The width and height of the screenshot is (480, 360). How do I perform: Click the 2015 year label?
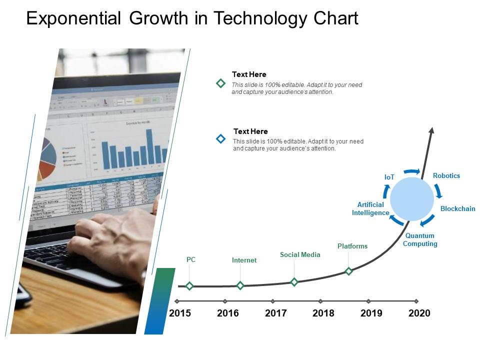click(x=180, y=313)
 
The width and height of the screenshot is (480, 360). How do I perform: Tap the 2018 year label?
click(x=323, y=313)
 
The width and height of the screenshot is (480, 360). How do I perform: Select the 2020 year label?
click(x=419, y=313)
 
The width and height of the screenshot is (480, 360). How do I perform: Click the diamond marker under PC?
click(x=189, y=286)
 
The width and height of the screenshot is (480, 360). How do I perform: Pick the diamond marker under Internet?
click(x=240, y=285)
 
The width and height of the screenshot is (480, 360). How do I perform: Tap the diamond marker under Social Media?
click(x=294, y=282)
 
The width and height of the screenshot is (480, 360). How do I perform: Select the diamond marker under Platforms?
click(x=349, y=271)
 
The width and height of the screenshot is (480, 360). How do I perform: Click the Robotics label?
click(x=446, y=175)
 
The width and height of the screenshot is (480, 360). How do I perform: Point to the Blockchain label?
click(x=457, y=208)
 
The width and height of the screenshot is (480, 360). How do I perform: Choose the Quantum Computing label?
click(x=420, y=239)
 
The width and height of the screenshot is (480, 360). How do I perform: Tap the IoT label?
click(x=389, y=177)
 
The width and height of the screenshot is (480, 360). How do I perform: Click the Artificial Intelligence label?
click(x=370, y=208)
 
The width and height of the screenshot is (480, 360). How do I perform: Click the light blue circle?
click(x=412, y=198)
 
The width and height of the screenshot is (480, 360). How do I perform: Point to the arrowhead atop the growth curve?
click(x=431, y=130)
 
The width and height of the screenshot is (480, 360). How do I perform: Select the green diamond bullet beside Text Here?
click(x=220, y=83)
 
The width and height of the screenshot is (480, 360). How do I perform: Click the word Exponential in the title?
click(x=73, y=18)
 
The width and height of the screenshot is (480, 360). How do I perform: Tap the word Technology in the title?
click(x=260, y=18)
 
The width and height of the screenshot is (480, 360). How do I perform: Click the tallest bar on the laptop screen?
click(x=149, y=146)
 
